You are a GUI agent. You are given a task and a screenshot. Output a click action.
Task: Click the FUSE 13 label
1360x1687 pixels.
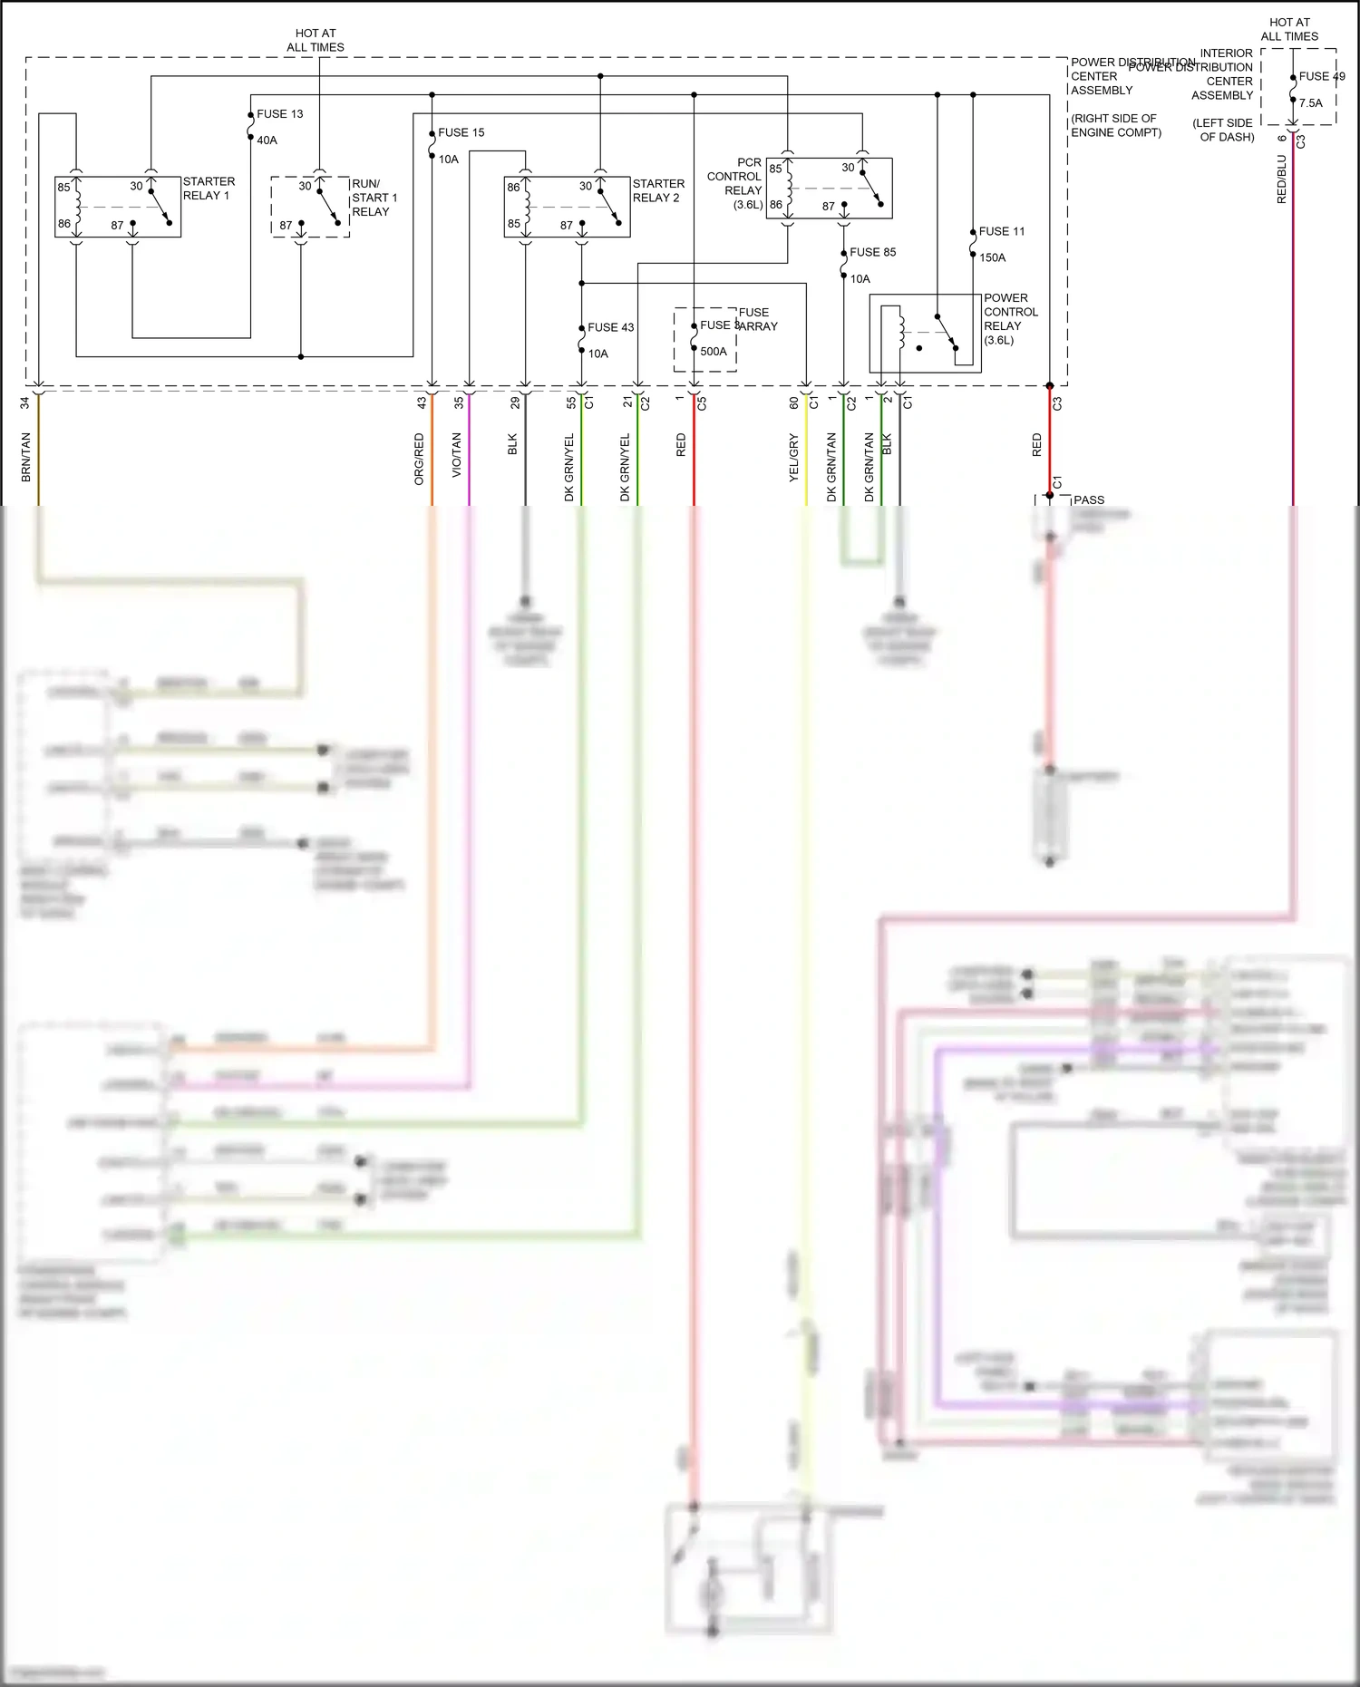click(279, 114)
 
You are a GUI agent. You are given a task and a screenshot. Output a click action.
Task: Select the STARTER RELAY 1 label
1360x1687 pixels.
click(209, 189)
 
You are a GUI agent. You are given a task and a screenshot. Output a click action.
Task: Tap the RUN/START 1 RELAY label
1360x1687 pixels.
click(374, 197)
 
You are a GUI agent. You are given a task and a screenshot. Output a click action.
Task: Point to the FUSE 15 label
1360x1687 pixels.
click(461, 132)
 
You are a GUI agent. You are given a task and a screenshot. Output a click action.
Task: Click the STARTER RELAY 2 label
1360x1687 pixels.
click(658, 190)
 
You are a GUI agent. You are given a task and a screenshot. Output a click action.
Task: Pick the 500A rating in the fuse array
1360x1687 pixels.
click(713, 352)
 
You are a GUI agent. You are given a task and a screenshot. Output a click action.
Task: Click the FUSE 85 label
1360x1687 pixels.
click(872, 252)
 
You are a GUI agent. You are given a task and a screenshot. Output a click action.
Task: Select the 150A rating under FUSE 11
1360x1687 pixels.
click(992, 257)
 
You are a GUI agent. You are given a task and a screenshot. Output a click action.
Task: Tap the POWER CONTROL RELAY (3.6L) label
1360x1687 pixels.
click(1010, 319)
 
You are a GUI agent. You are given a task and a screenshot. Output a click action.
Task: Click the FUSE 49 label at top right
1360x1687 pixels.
click(1321, 76)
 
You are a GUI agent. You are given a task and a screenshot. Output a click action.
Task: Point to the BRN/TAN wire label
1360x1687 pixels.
click(25, 456)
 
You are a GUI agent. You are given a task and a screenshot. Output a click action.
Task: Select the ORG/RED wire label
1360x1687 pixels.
click(419, 459)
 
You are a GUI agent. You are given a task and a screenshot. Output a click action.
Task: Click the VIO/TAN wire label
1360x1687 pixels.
click(456, 455)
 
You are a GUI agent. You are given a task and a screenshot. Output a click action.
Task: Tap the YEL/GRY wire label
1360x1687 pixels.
click(793, 457)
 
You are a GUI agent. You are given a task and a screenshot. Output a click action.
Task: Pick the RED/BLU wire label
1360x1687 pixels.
click(1281, 179)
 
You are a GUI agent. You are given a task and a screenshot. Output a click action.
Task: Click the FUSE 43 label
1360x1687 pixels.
click(610, 327)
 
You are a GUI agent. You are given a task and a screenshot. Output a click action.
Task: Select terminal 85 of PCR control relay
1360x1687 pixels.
click(775, 169)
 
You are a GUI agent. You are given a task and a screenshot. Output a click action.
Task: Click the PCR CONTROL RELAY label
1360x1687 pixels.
click(735, 183)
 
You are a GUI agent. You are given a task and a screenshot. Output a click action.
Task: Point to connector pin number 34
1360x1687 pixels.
click(24, 402)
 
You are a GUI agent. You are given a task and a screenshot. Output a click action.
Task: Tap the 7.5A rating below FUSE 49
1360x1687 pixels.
click(1310, 103)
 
